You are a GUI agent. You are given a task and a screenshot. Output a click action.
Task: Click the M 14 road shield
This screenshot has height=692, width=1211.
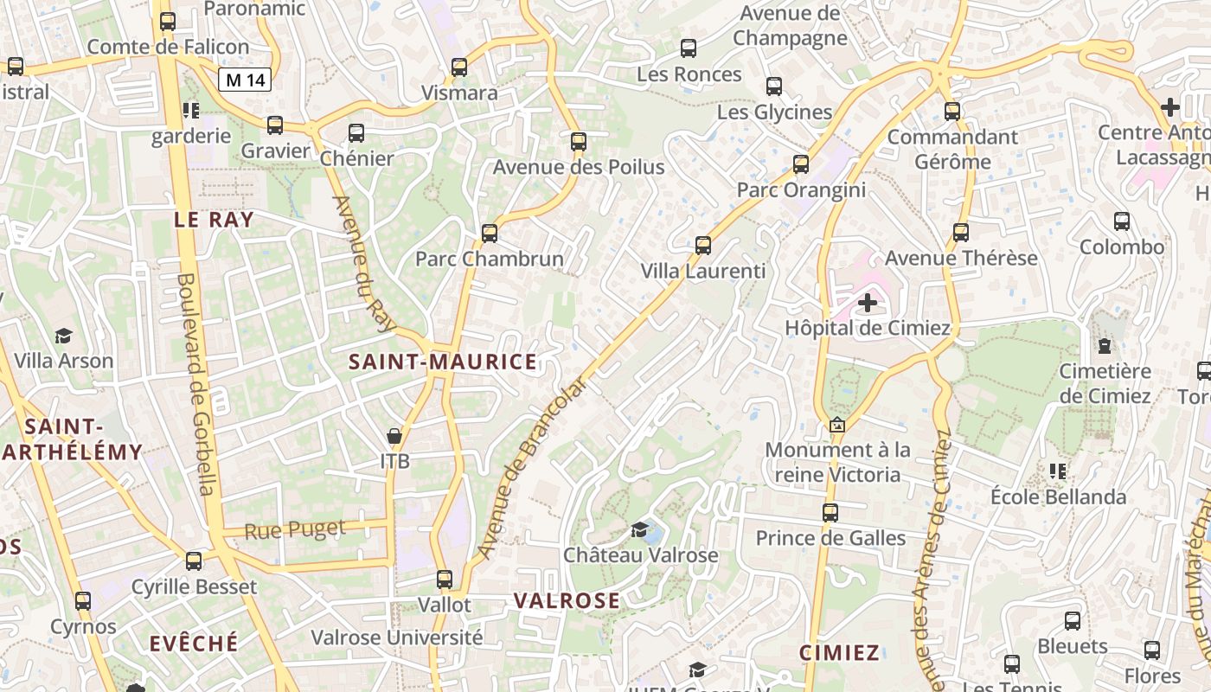pyautogui.click(x=246, y=80)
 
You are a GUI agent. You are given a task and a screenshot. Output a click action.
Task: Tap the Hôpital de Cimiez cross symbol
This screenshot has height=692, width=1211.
pyautogui.click(x=867, y=303)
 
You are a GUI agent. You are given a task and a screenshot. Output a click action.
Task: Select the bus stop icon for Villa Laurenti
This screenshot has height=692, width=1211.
pyautogui.click(x=703, y=246)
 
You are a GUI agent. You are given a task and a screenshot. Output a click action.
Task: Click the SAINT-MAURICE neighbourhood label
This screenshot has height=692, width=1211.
pyautogui.click(x=443, y=362)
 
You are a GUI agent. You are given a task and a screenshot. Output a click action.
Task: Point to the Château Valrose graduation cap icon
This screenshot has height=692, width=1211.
pyautogui.click(x=640, y=529)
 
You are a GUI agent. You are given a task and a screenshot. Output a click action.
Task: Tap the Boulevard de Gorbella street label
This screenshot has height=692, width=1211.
pyautogui.click(x=196, y=384)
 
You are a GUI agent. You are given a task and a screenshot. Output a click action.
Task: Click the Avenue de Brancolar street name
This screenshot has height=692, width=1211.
pyautogui.click(x=530, y=468)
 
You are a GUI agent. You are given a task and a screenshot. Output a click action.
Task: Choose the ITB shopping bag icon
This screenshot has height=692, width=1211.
pyautogui.click(x=394, y=436)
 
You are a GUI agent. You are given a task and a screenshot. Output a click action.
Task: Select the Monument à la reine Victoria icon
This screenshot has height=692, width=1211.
pyautogui.click(x=836, y=425)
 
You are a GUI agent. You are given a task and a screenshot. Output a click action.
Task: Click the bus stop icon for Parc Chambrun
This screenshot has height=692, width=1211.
pyautogui.click(x=490, y=233)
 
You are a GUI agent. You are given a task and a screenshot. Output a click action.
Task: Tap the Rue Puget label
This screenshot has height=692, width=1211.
pyautogui.click(x=294, y=529)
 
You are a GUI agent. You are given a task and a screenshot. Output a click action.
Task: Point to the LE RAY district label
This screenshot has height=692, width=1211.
pyautogui.click(x=215, y=220)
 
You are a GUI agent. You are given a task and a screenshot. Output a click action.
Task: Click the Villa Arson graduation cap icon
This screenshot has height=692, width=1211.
pyautogui.click(x=63, y=336)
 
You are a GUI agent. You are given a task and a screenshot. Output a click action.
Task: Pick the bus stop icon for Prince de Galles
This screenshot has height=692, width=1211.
pyautogui.click(x=830, y=513)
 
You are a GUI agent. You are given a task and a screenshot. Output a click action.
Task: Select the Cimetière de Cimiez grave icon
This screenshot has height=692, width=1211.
pyautogui.click(x=1105, y=346)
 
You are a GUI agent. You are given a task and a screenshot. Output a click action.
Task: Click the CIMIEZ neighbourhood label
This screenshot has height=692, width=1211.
pyautogui.click(x=839, y=652)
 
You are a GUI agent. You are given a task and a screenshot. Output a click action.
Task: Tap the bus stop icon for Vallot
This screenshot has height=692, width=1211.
pyautogui.click(x=445, y=580)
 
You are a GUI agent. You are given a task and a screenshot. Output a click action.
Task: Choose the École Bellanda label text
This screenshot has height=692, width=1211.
pyautogui.click(x=1058, y=497)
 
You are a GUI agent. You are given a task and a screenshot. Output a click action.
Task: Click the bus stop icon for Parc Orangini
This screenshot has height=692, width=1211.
pyautogui.click(x=801, y=164)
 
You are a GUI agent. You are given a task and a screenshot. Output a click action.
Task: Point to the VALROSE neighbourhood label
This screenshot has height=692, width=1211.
pyautogui.click(x=567, y=600)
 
